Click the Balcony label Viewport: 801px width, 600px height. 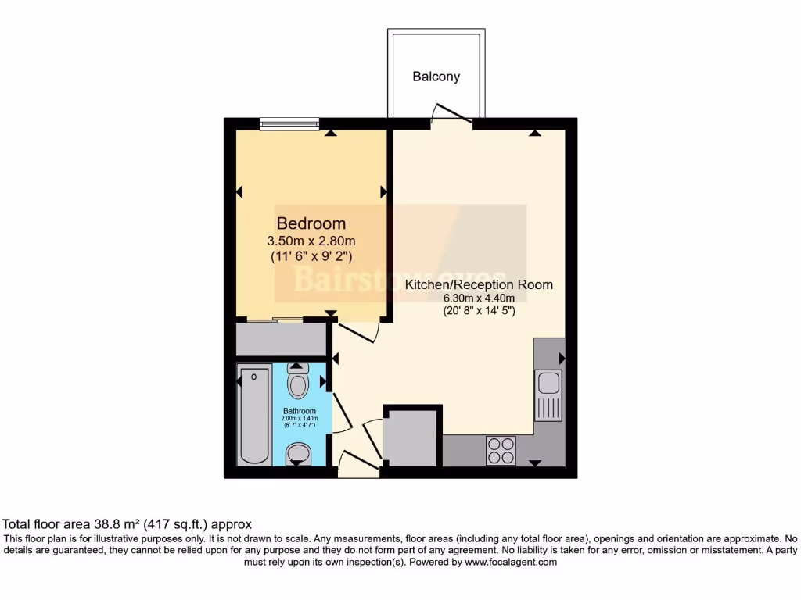(x=436, y=77)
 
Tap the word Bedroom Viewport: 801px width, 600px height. (x=311, y=224)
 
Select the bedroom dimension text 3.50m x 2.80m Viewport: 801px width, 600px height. (x=311, y=241)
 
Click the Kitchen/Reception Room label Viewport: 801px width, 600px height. (x=478, y=284)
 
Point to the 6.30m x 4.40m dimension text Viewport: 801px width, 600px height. (x=479, y=298)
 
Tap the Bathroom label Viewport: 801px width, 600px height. (x=299, y=411)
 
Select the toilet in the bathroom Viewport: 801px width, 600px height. (x=298, y=381)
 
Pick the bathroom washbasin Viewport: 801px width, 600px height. (x=297, y=453)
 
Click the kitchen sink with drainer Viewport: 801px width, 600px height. (x=548, y=395)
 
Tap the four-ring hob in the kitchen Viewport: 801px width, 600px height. (x=501, y=449)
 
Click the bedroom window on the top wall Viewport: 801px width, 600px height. (x=289, y=123)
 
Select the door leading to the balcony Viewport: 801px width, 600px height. (x=452, y=115)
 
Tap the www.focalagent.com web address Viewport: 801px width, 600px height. (x=510, y=562)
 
